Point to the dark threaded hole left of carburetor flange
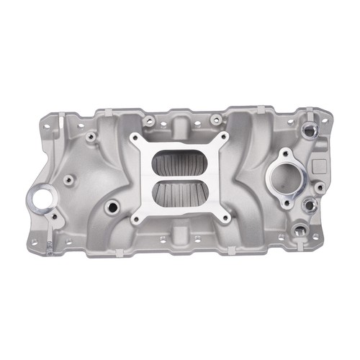tap(112, 207)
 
